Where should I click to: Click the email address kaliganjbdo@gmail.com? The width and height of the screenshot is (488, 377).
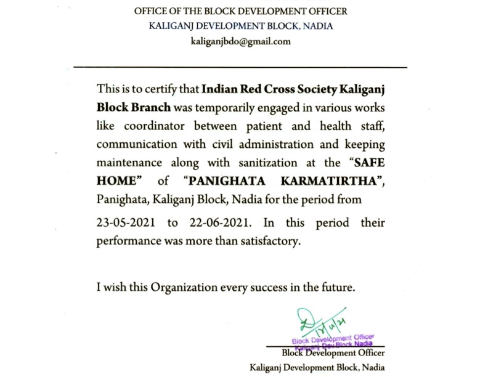tap(241, 42)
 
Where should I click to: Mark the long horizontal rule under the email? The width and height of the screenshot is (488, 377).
tap(240, 66)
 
